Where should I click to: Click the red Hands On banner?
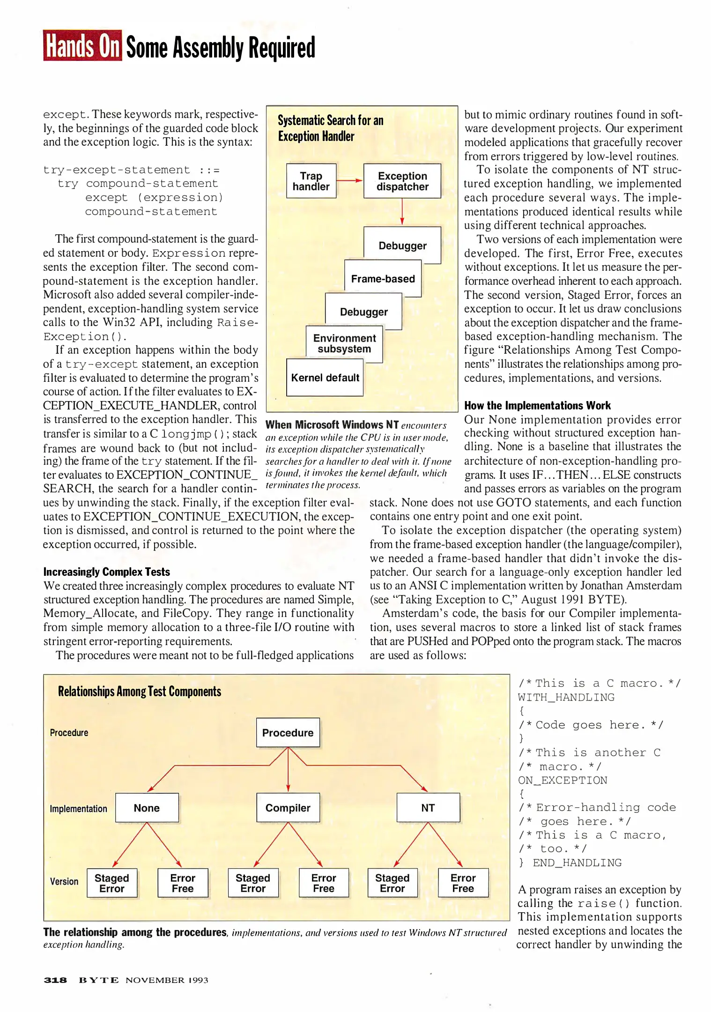point(82,45)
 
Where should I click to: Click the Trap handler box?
point(311,181)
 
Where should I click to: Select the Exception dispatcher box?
point(402,181)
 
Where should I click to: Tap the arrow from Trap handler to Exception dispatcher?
point(349,180)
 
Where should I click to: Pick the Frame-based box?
point(383,279)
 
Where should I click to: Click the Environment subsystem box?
point(344,343)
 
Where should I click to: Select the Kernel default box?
point(325,378)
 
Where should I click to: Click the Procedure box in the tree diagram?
point(288,732)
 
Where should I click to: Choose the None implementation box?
point(147,808)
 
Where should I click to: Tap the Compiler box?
point(288,808)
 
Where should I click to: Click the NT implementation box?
point(428,808)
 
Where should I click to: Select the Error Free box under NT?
point(463,883)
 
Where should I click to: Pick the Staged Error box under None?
point(112,883)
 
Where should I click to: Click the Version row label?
point(64,881)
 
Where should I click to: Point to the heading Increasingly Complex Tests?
point(106,572)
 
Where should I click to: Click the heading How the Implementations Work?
point(537,405)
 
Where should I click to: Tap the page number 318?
point(55,980)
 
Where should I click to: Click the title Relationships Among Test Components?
point(139,692)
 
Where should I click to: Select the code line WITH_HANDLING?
point(566,697)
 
